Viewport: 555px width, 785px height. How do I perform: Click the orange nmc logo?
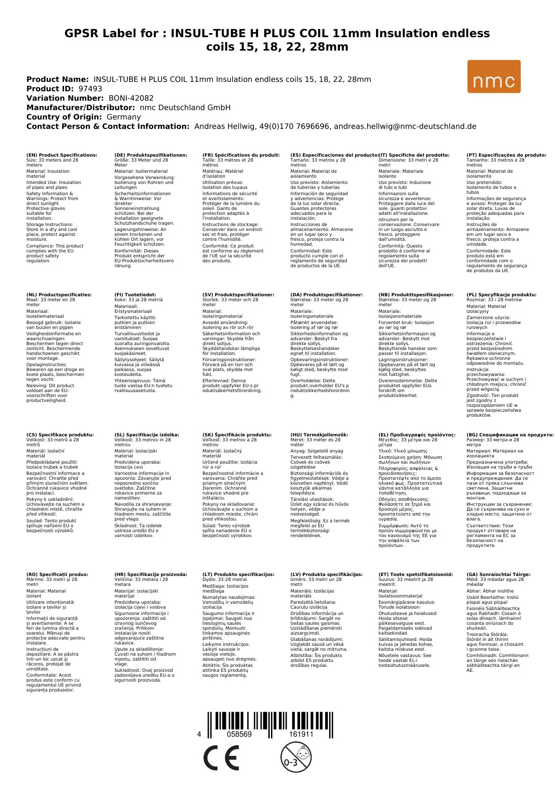click(x=494, y=77)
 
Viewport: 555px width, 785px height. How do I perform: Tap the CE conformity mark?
click(x=221, y=758)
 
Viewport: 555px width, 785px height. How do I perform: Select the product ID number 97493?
click(x=90, y=89)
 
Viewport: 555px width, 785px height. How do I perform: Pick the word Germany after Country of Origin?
click(x=123, y=117)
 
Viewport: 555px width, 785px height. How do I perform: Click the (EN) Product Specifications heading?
click(x=62, y=155)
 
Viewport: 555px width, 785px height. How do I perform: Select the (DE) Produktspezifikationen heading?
click(x=151, y=155)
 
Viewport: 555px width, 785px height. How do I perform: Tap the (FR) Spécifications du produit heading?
click(x=241, y=155)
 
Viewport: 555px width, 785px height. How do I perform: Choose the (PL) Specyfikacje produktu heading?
click(x=501, y=295)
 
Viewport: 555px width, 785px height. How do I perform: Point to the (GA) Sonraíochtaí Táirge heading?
click(x=498, y=575)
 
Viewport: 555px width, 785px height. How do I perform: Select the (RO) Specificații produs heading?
click(x=57, y=575)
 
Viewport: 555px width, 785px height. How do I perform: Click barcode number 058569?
click(x=239, y=734)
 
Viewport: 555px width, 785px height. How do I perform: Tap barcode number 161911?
click(x=301, y=734)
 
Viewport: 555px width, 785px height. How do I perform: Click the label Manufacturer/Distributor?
click(x=80, y=107)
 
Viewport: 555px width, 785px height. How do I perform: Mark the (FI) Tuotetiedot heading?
click(x=135, y=295)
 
